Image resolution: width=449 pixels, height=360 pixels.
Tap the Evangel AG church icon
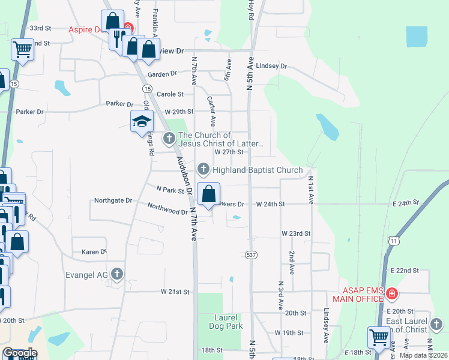point(117,275)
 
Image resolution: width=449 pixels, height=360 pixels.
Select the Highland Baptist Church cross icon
point(203,170)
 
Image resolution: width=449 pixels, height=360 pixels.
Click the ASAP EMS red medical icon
point(391,293)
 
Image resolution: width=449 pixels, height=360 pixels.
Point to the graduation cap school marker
point(142,122)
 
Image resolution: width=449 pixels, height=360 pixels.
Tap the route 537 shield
point(252,255)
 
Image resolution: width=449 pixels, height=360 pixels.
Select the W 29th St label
point(179,112)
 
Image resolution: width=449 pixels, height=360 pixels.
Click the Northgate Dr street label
point(113,201)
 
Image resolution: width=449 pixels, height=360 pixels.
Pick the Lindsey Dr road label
point(272,65)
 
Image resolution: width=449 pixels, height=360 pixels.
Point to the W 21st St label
point(175,292)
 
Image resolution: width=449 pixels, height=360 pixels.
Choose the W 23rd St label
point(296,233)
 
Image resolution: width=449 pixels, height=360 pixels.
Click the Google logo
point(19,353)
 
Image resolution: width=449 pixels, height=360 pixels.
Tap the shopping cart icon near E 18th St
point(378,337)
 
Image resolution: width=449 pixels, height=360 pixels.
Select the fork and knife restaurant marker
point(116,38)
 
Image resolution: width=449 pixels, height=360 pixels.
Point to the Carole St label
point(170,94)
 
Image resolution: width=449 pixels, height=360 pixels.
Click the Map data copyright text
point(423,355)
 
